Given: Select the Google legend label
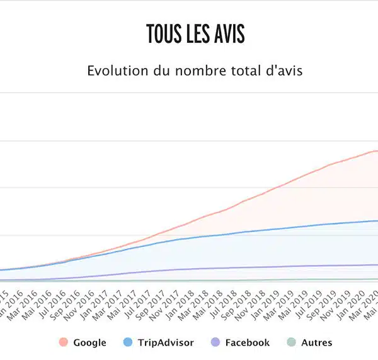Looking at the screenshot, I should pos(89,343).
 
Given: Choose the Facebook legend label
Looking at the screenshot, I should pos(247,343).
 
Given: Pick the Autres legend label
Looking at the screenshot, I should pos(316,343).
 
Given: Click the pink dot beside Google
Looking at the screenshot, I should pos(63,343).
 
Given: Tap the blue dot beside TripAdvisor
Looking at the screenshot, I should pos(128,343).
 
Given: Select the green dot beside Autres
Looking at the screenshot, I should pos(291,343).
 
